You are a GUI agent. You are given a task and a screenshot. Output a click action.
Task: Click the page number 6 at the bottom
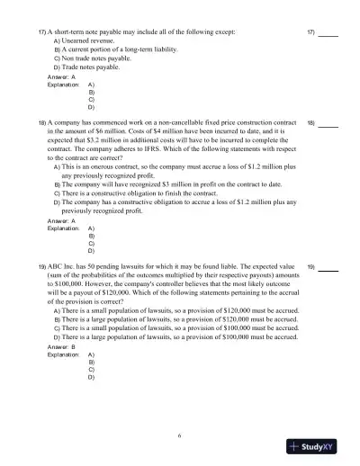pyautogui.click(x=180, y=435)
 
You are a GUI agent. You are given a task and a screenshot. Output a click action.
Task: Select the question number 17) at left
pyautogui.click(x=41, y=31)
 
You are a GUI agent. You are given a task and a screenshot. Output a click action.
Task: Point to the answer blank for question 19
pyautogui.click(x=328, y=267)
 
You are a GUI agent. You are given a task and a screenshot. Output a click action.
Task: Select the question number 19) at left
pyautogui.click(x=41, y=267)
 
